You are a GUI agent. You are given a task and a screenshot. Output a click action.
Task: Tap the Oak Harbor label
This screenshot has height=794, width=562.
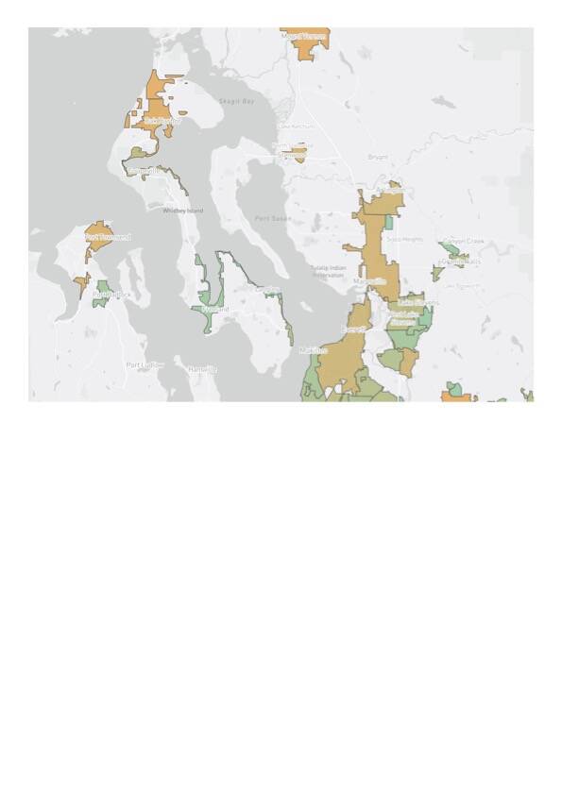162,121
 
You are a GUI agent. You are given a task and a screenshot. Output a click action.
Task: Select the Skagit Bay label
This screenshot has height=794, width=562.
236,101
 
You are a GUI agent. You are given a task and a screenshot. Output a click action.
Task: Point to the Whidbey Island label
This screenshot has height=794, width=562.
182,211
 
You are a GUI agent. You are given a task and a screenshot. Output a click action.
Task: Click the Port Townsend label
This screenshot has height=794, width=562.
109,237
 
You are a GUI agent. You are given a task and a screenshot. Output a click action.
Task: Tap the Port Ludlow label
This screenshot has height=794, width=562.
145,364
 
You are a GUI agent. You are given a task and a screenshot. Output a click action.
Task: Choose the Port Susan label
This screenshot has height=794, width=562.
273,218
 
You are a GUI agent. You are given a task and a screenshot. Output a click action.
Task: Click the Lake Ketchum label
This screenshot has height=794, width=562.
296,126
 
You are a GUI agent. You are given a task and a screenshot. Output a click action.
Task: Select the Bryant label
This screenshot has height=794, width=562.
378,157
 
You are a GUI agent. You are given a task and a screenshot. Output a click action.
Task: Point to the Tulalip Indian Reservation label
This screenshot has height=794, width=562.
328,271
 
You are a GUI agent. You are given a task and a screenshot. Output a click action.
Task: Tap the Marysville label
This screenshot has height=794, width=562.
368,280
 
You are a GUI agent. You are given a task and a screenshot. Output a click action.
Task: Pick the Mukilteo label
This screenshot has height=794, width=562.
313,350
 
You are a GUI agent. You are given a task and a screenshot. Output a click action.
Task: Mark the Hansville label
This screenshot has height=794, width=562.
202,369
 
